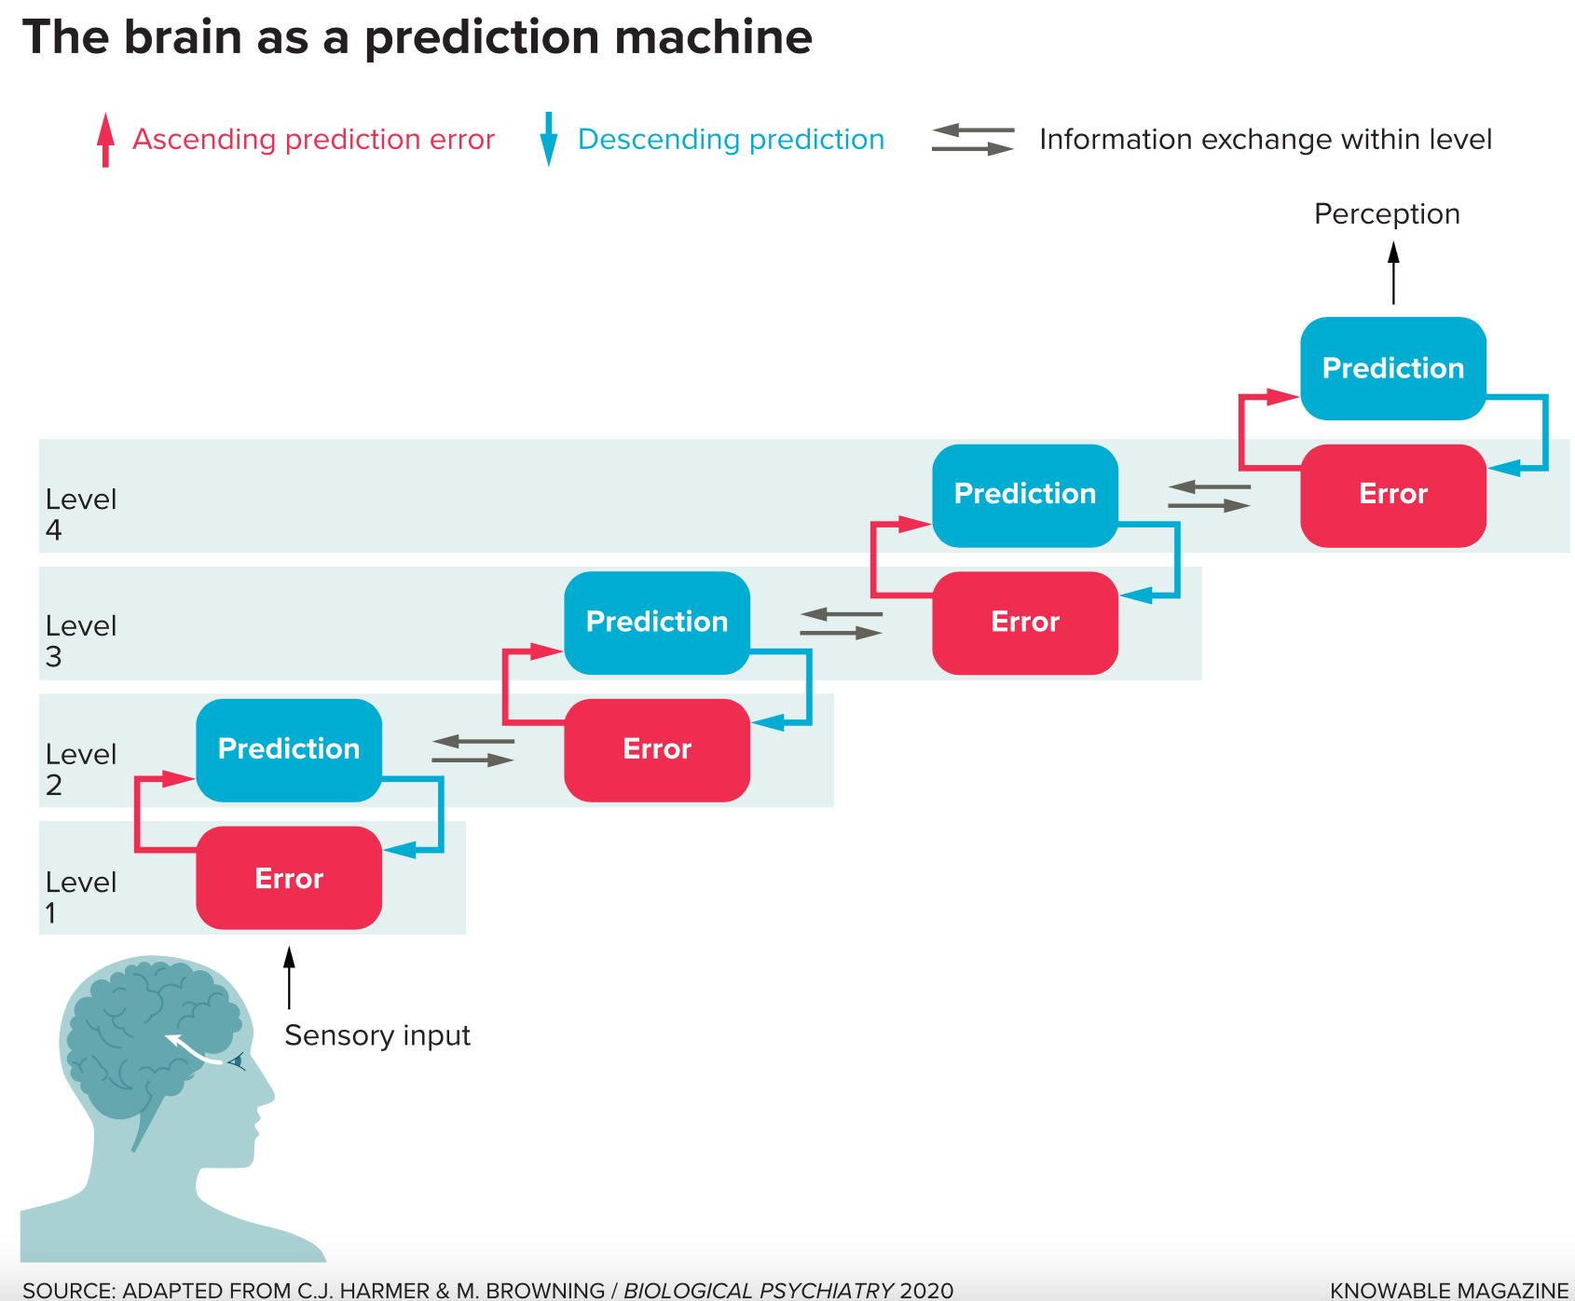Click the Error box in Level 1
pos(289,878)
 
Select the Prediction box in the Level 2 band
pos(289,750)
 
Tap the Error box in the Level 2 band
pos(657,750)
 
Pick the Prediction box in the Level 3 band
pos(657,623)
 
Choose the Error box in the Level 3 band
pos(1025,623)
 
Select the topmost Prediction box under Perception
pos(1393,368)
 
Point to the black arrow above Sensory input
pos(289,978)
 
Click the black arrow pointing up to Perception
pos(1393,273)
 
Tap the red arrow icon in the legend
pos(106,140)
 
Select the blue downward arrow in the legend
pos(549,140)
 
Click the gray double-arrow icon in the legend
pos(973,139)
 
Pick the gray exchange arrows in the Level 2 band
pos(472,750)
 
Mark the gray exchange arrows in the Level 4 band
pos(1209,496)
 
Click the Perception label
pos(1387,214)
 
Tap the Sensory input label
pos(377,1035)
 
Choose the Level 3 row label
pos(81,640)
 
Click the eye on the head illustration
pos(237,1061)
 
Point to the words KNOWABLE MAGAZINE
pos(1449,1291)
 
